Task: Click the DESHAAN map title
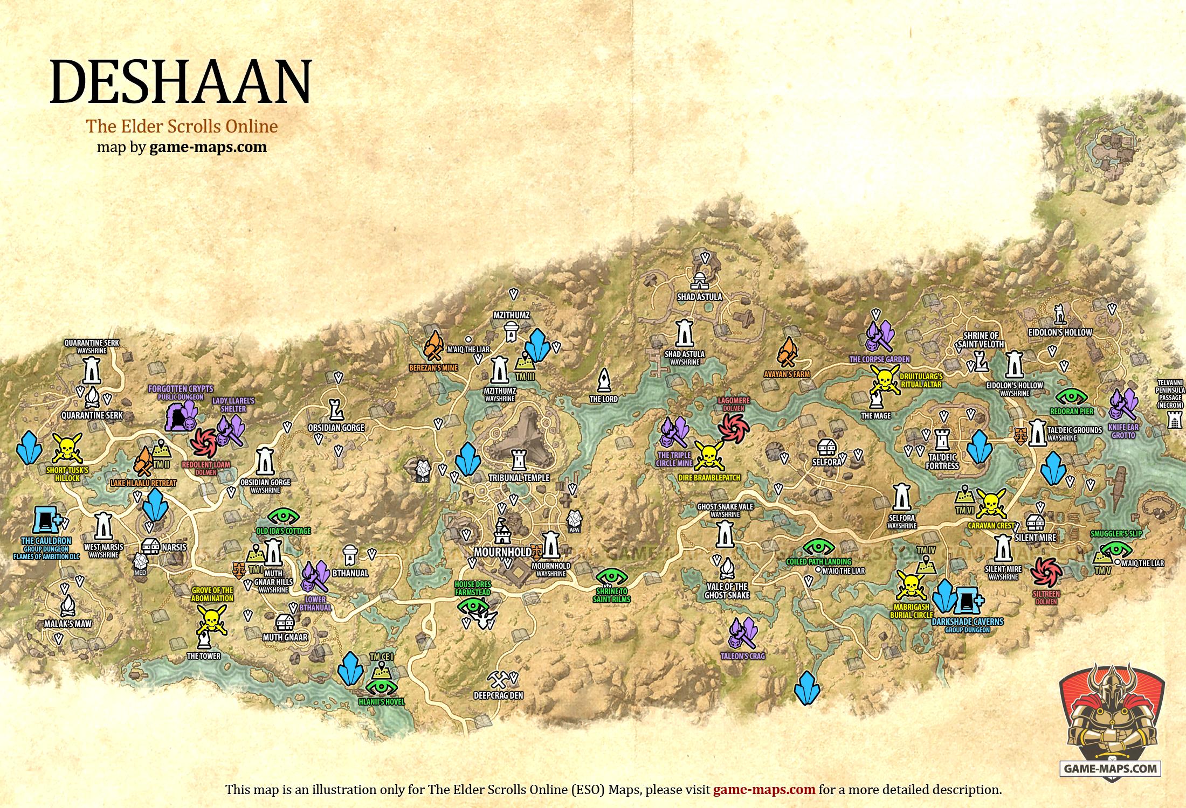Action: pyautogui.click(x=181, y=81)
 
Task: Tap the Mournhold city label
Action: pyautogui.click(x=502, y=552)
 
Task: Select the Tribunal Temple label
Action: pyautogui.click(x=519, y=478)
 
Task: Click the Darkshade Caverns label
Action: pyautogui.click(x=968, y=621)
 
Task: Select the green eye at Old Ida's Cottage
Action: pyautogui.click(x=283, y=516)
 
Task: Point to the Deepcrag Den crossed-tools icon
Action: pyautogui.click(x=495, y=678)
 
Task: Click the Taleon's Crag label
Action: pyautogui.click(x=742, y=656)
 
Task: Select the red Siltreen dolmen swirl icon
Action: pyautogui.click(x=1046, y=571)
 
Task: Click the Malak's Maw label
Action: pyautogui.click(x=67, y=624)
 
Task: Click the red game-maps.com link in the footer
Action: pyautogui.click(x=764, y=790)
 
